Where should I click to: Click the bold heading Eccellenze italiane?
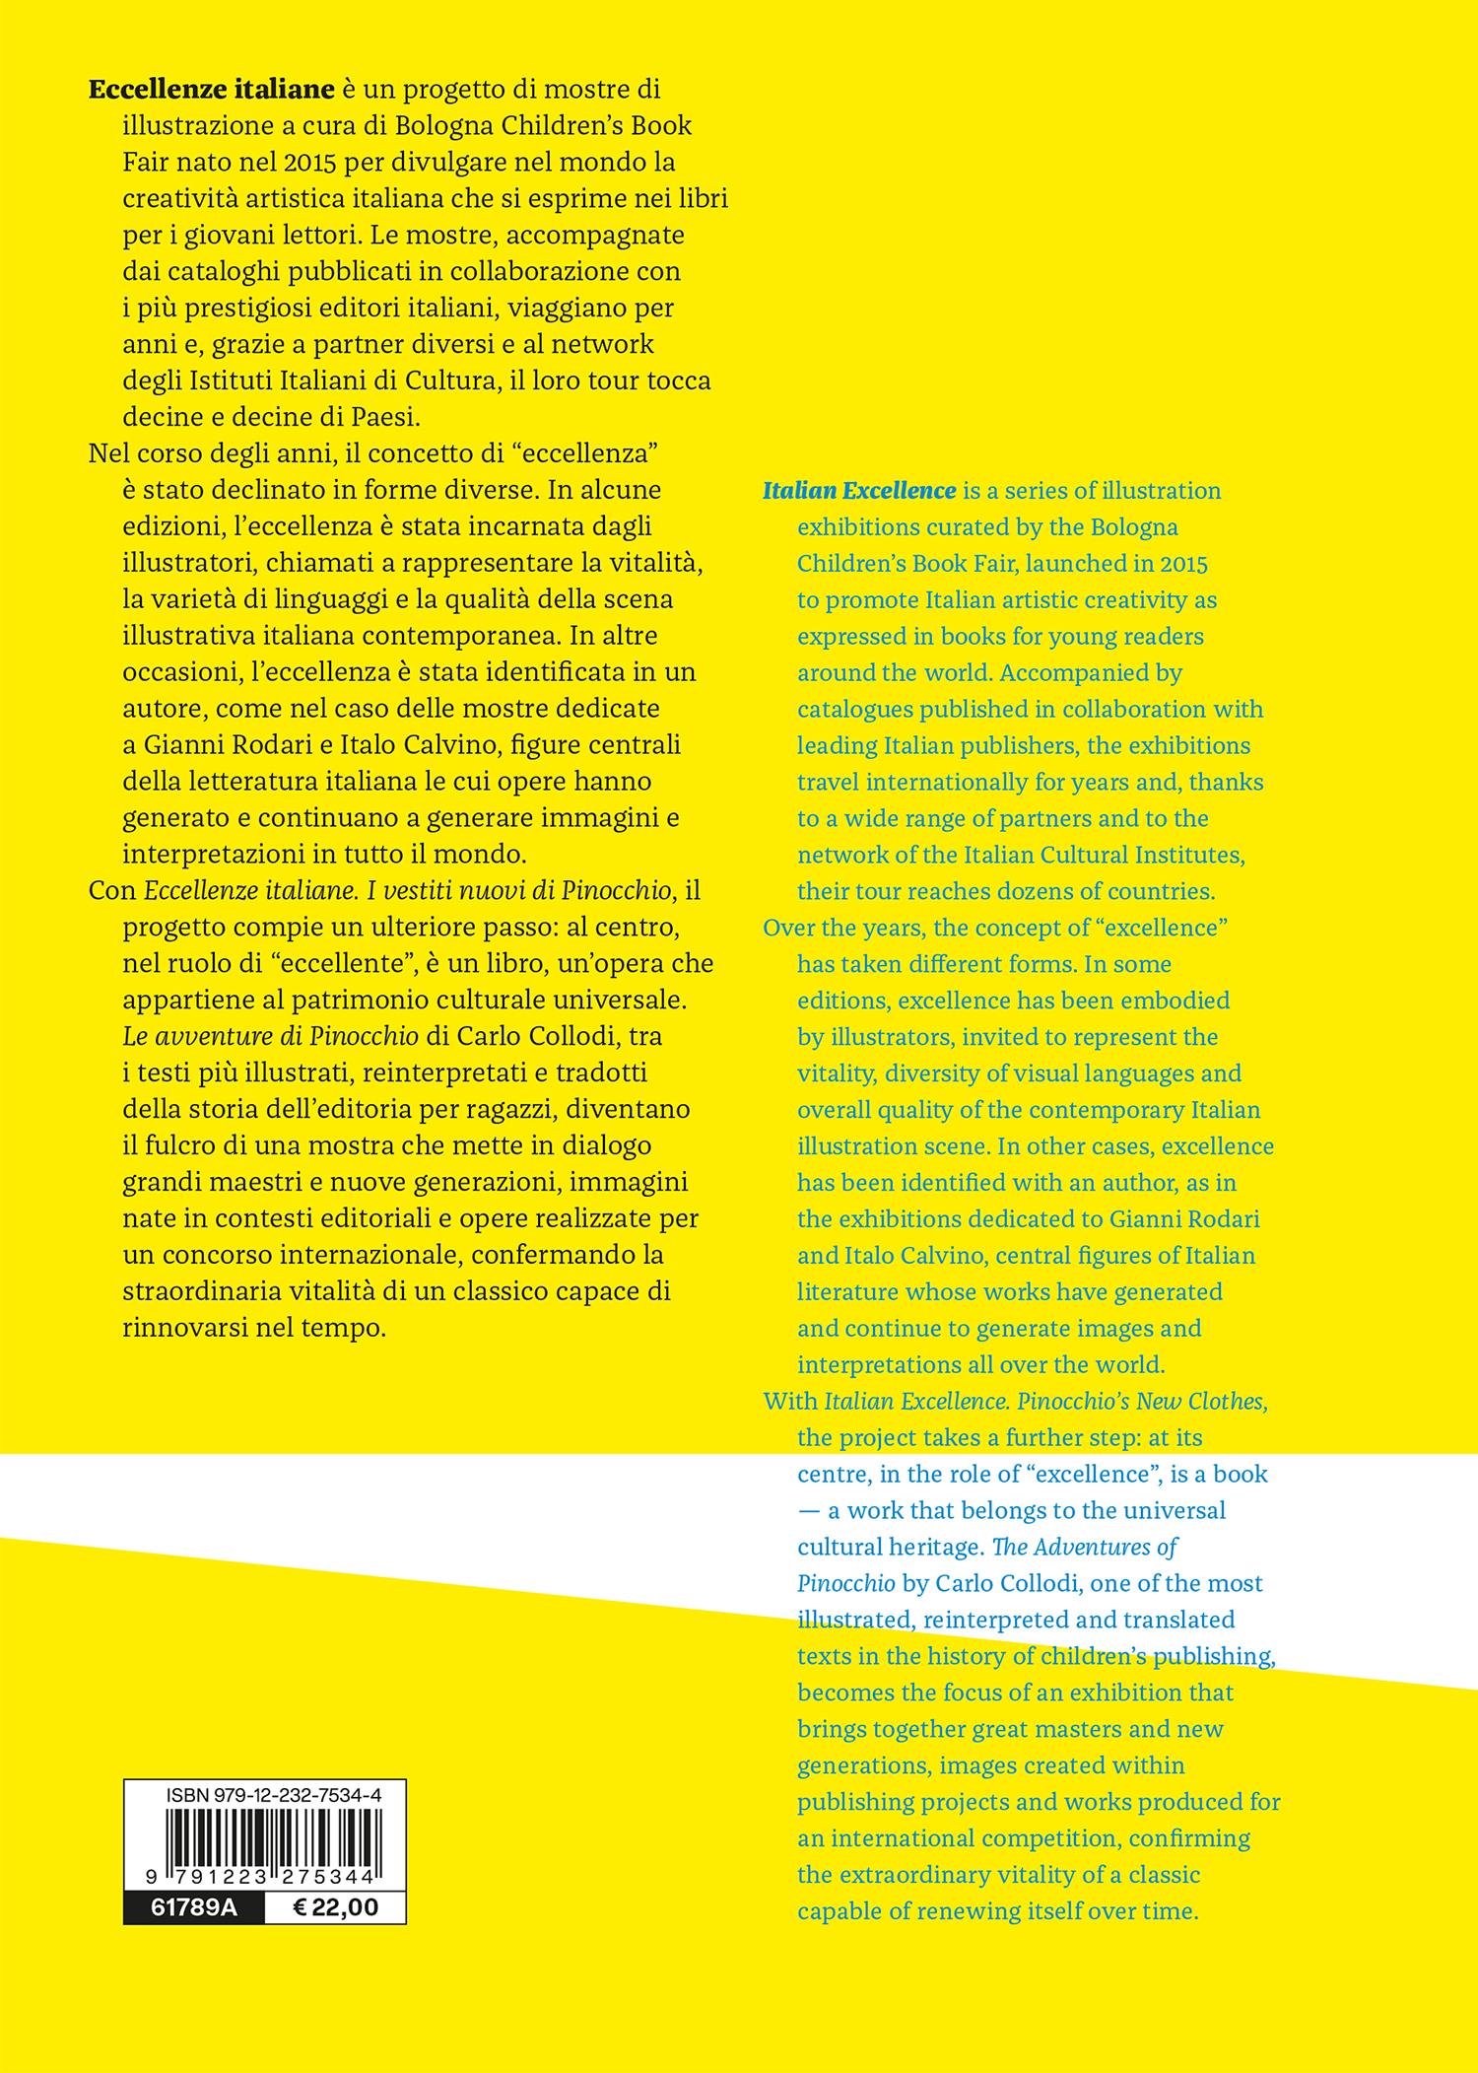pos(212,90)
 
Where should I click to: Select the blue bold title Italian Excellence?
pos(859,490)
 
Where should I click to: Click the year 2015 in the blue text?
pos(1183,563)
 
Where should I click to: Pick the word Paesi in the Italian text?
pos(386,417)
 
